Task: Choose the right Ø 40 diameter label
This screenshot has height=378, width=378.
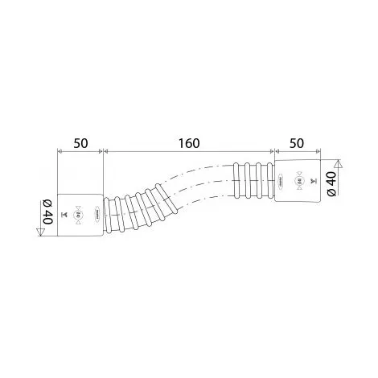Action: [x=330, y=184]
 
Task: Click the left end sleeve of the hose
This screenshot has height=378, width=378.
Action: [x=80, y=213]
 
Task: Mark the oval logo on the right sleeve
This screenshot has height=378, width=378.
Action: [x=280, y=182]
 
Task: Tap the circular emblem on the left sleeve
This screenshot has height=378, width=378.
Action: [x=79, y=214]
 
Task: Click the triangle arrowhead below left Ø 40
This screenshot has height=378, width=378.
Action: [x=39, y=233]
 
